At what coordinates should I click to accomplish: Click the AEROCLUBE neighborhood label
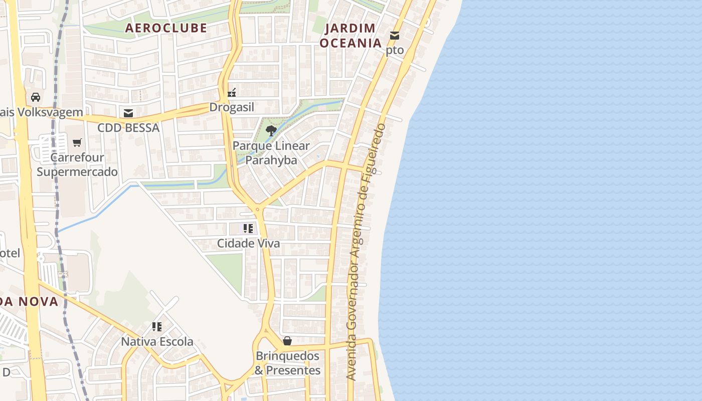click(x=166, y=28)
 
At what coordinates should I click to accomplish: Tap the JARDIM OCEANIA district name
click(x=351, y=35)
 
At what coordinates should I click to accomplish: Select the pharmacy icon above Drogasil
click(x=232, y=92)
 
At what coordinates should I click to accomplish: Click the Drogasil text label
click(x=232, y=107)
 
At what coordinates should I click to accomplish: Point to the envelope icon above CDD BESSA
click(x=128, y=113)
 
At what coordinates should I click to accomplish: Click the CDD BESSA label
click(x=128, y=128)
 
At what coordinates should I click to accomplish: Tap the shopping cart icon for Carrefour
click(x=77, y=143)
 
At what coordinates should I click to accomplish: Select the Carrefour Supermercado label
click(x=77, y=164)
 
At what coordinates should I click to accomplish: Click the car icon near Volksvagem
click(x=36, y=97)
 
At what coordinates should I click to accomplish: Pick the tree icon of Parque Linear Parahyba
click(x=271, y=131)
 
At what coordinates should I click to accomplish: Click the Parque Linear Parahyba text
click(x=271, y=153)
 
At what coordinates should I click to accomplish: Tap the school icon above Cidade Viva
click(x=248, y=229)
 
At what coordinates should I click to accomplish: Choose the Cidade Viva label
click(x=248, y=243)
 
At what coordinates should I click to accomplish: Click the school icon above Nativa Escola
click(x=157, y=327)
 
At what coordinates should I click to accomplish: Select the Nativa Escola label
click(x=157, y=342)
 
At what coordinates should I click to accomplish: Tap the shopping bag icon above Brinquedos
click(x=287, y=341)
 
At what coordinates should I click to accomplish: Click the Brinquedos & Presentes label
click(x=287, y=363)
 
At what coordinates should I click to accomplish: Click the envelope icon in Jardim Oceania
click(x=395, y=36)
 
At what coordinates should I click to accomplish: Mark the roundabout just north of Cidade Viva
click(x=258, y=209)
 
